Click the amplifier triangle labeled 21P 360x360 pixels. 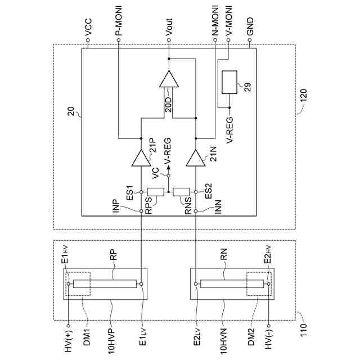tap(139, 160)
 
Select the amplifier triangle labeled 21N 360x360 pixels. tap(195, 160)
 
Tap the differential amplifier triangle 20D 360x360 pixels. tap(168, 79)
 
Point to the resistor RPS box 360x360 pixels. tap(155, 191)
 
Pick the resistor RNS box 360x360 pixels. tap(181, 191)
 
